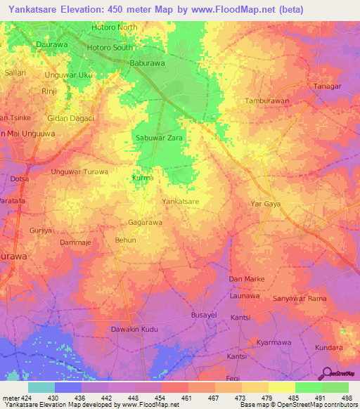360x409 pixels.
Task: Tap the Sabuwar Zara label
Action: pos(159,139)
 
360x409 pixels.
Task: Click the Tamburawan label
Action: pos(266,101)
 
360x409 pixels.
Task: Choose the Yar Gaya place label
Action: pos(266,204)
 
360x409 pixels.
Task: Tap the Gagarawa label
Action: pos(145,223)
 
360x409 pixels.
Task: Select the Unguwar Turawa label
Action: pos(79,171)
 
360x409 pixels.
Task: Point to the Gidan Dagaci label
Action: pos(70,118)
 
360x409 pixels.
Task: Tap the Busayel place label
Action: pos(204,316)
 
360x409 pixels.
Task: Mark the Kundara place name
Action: pos(328,348)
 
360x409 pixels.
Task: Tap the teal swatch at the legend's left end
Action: pos(41,387)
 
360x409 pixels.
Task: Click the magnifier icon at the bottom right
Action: pos(328,372)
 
